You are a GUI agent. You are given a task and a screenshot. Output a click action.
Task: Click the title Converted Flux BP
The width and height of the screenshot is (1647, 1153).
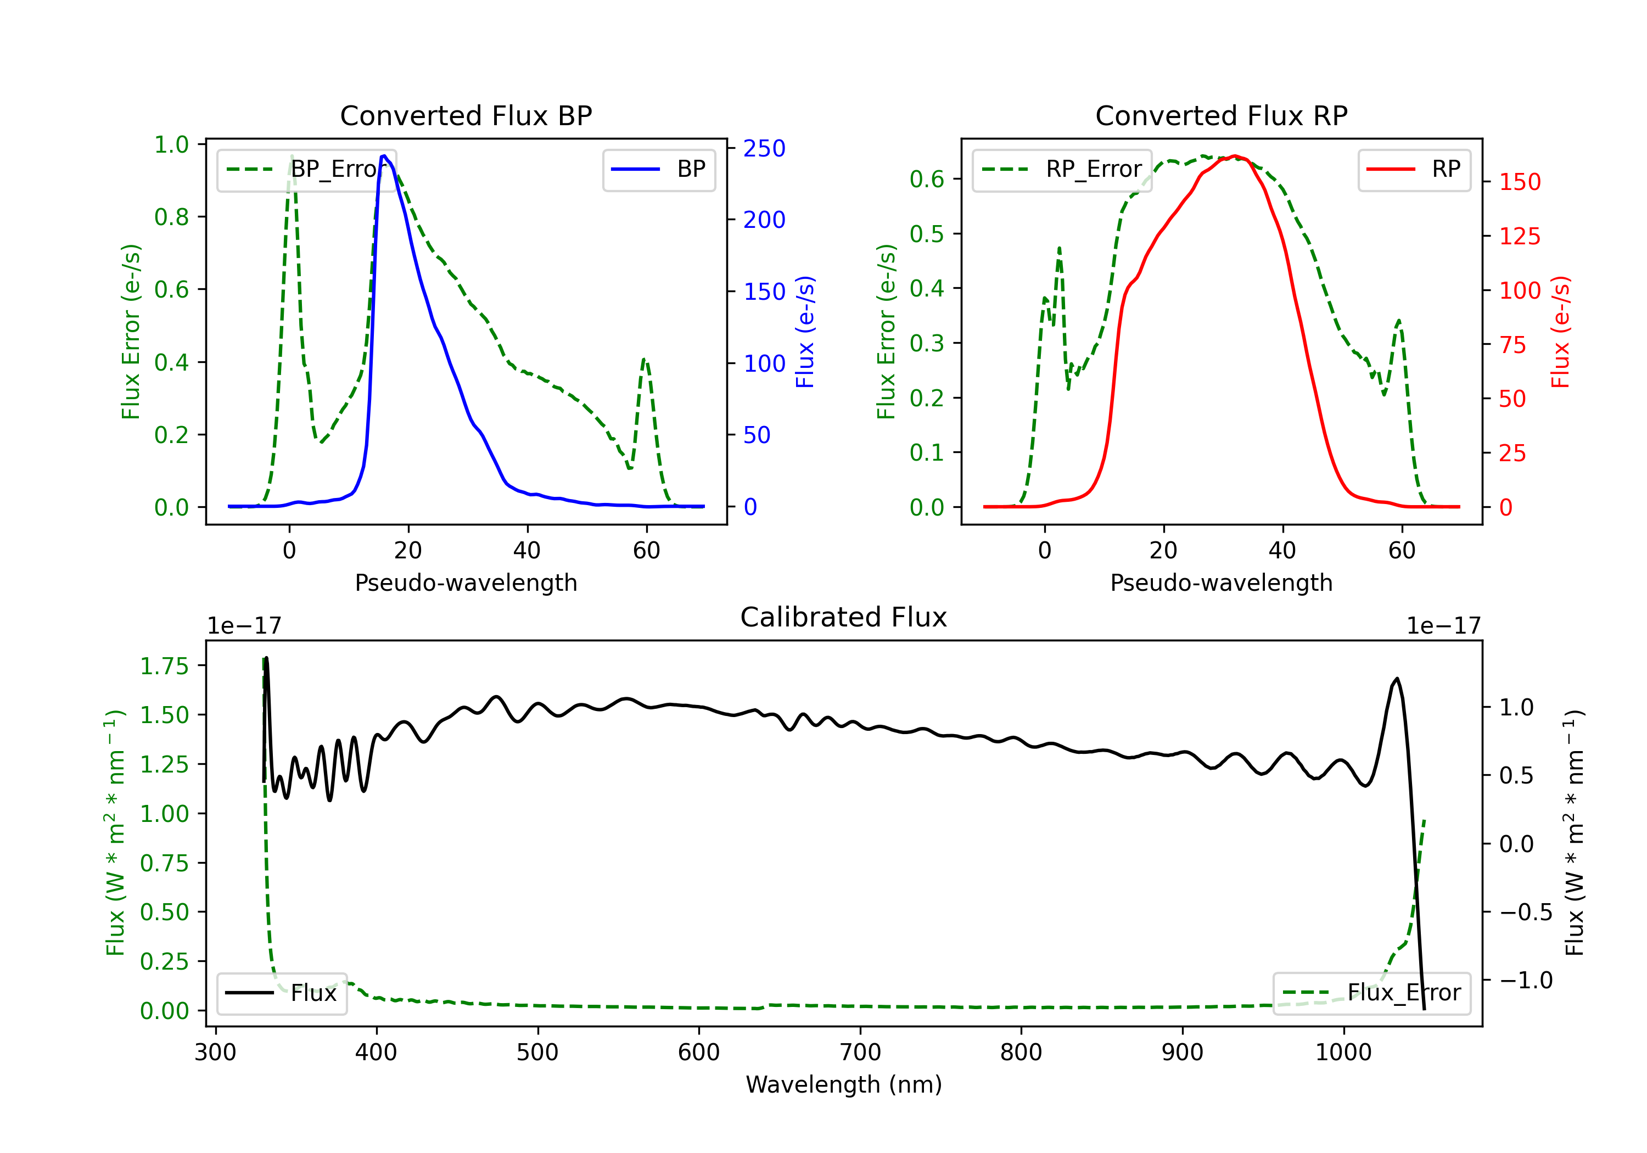pos(466,115)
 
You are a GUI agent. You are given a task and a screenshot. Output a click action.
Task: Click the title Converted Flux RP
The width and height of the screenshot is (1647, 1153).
pos(1221,115)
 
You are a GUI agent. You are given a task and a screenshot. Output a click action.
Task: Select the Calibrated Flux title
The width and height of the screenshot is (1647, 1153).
pos(844,617)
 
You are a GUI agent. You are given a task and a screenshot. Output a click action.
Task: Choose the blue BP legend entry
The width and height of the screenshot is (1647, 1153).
pos(658,169)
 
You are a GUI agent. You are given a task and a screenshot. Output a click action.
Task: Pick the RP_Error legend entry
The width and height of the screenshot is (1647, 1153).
pos(1062,169)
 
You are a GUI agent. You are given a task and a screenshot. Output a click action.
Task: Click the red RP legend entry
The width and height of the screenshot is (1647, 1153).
pos(1414,169)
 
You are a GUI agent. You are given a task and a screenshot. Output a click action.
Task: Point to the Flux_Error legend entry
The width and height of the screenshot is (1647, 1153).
pos(1371,993)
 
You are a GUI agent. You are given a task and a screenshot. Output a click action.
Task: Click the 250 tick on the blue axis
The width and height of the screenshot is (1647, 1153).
pos(764,149)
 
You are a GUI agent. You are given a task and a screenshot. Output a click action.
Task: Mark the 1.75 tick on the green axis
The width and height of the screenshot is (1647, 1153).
pos(164,666)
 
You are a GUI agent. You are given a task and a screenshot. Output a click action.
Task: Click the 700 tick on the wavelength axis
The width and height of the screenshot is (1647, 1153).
pos(860,1052)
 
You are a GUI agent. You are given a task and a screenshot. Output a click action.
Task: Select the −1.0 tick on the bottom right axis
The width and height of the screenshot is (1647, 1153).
pos(1526,980)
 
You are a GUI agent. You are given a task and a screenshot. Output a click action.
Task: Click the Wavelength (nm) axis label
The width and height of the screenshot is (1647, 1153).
pos(844,1084)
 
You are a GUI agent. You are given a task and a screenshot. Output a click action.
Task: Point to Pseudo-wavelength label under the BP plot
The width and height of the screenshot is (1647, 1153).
pos(466,583)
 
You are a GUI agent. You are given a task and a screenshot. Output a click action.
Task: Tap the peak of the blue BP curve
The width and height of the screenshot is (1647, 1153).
pos(384,156)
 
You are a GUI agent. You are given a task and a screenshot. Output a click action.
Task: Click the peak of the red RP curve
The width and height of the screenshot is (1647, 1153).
pos(1234,156)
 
